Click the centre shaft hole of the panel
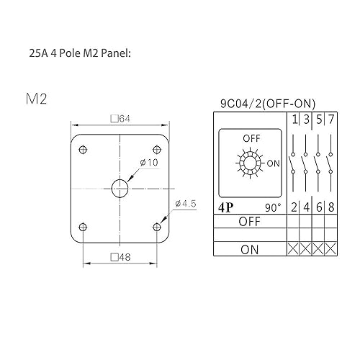pos(120,188)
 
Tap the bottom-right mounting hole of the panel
pos(157,227)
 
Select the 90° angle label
pos(274,207)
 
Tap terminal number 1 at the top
pos(294,119)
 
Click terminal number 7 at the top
pos(331,119)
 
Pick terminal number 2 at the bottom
pos(294,207)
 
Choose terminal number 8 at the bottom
pos(331,207)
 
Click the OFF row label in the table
pos(249,221)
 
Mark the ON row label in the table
pos(249,249)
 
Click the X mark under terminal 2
pos(294,249)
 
